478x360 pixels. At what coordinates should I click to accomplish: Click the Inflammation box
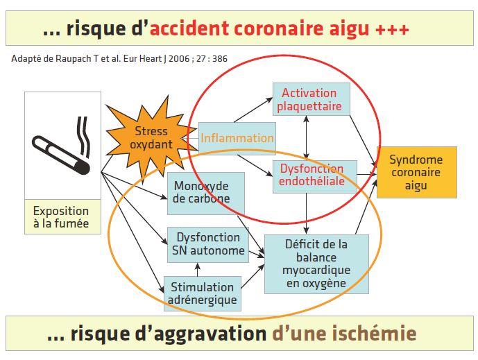[x=237, y=138]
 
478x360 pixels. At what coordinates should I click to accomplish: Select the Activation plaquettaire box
[x=311, y=99]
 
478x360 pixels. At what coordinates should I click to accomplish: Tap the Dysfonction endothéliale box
[x=315, y=177]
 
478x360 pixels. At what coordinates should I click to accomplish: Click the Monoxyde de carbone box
[x=206, y=194]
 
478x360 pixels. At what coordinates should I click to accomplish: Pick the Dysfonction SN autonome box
[x=208, y=244]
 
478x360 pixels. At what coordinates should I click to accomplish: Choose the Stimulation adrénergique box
[x=203, y=293]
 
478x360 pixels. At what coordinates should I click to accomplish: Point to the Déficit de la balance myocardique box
[x=316, y=264]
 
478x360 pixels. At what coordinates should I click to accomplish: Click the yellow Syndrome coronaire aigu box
[x=417, y=172]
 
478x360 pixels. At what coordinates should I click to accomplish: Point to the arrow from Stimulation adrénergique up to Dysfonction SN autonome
[x=198, y=269]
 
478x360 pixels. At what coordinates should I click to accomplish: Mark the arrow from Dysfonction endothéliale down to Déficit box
[x=307, y=214]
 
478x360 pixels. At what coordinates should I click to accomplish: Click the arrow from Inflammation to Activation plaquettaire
[x=253, y=110]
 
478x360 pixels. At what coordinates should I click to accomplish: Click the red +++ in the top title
[x=392, y=30]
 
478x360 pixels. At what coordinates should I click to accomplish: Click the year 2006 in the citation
[x=179, y=58]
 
